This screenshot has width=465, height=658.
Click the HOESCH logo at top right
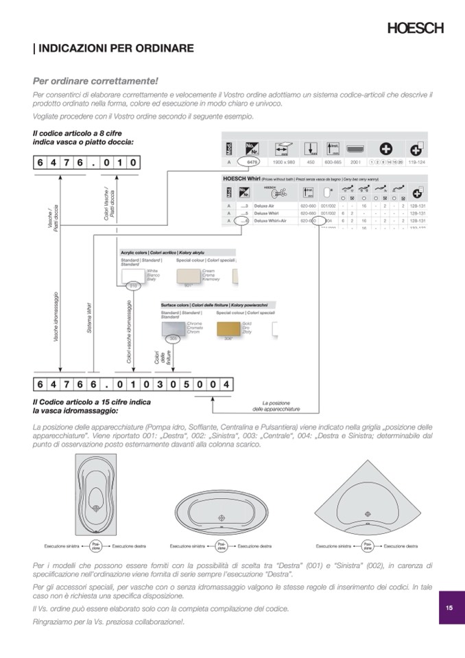416,28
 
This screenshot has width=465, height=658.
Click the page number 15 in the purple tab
449,607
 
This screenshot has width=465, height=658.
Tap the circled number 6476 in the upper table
252,162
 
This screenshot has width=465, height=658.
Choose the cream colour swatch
187,277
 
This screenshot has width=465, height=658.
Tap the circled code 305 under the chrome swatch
174,339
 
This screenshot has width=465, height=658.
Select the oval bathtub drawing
221,514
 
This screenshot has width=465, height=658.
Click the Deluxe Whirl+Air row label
270,221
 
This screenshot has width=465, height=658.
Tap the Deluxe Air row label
264,205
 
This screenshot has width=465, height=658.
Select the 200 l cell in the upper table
355,162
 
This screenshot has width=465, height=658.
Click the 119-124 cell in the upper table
416,162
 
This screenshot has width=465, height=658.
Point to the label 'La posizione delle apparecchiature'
276,406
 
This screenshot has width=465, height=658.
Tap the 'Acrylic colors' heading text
135,253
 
